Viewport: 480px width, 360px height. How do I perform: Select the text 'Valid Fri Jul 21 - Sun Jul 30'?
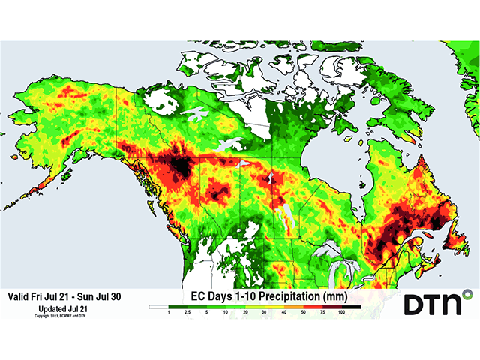[62, 296]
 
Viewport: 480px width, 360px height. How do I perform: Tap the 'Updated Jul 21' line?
[62, 308]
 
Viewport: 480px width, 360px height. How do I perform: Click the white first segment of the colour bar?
[159, 307]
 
